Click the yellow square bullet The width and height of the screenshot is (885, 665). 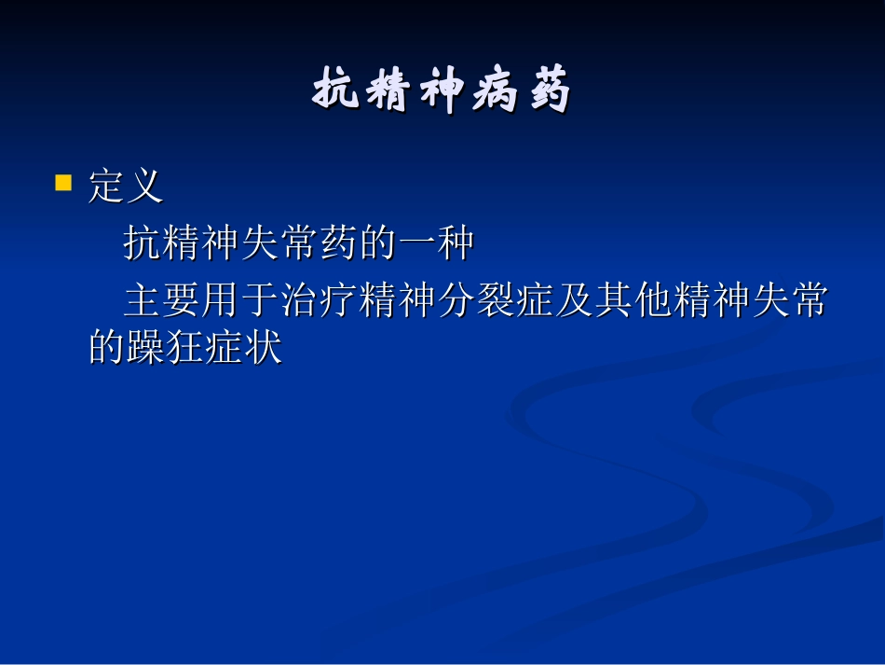[x=63, y=181]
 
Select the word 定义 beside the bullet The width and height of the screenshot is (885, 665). [x=126, y=186]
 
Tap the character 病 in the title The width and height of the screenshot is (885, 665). [x=495, y=92]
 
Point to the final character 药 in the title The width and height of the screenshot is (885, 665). [x=548, y=92]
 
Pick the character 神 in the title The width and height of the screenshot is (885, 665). [x=442, y=92]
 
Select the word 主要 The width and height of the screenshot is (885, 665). [x=162, y=301]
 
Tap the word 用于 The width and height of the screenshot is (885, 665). [x=240, y=301]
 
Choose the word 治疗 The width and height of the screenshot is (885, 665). [x=319, y=301]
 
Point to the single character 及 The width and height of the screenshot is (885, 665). [x=574, y=301]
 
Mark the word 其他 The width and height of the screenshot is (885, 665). [x=633, y=301]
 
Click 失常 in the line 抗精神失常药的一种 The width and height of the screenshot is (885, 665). [x=279, y=243]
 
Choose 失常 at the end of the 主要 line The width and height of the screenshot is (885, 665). [x=788, y=301]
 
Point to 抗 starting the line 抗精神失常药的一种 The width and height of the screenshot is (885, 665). [x=143, y=243]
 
